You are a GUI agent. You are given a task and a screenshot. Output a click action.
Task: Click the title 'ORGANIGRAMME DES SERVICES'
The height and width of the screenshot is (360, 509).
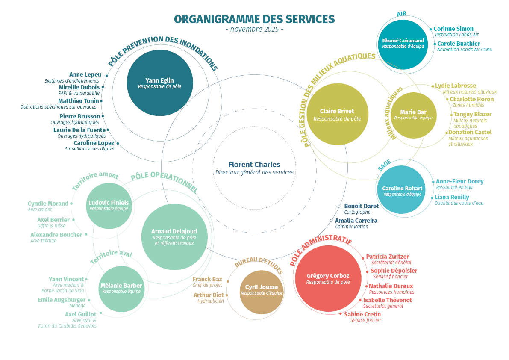[254, 19]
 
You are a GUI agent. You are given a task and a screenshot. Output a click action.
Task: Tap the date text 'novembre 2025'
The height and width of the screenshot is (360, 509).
[254, 30]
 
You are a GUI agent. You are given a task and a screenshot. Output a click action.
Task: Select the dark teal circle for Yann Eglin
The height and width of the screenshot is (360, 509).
[160, 83]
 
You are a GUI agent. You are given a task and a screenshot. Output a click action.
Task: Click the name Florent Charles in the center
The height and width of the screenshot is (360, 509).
[254, 165]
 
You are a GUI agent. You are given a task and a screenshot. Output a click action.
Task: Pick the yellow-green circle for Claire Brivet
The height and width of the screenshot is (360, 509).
[337, 114]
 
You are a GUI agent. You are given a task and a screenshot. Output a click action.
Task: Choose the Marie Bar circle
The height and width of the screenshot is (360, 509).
[413, 115]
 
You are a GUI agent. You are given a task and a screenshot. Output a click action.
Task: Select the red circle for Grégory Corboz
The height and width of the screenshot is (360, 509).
[328, 278]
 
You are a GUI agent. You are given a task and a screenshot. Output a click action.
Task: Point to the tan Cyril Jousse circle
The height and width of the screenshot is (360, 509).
[262, 292]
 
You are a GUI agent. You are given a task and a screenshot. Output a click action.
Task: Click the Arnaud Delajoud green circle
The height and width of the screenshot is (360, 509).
[174, 237]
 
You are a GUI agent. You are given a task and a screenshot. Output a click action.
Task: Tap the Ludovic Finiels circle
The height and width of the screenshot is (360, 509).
[109, 206]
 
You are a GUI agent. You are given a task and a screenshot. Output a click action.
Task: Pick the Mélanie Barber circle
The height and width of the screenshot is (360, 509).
[121, 289]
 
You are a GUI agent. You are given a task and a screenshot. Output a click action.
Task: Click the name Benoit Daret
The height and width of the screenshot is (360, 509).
[361, 206]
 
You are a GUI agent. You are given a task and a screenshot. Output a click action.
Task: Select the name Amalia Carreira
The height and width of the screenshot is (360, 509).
[356, 221]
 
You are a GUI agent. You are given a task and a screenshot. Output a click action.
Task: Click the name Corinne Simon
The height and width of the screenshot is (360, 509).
[453, 29]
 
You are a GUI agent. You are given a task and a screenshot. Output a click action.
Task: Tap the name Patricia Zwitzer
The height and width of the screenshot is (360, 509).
[387, 257]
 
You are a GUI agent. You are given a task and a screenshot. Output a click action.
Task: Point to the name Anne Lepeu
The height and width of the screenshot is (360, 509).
[85, 74]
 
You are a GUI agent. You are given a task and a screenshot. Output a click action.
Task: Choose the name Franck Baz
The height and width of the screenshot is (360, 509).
[207, 279]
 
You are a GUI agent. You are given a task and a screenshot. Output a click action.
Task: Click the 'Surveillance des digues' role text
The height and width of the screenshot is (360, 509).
[90, 149]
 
